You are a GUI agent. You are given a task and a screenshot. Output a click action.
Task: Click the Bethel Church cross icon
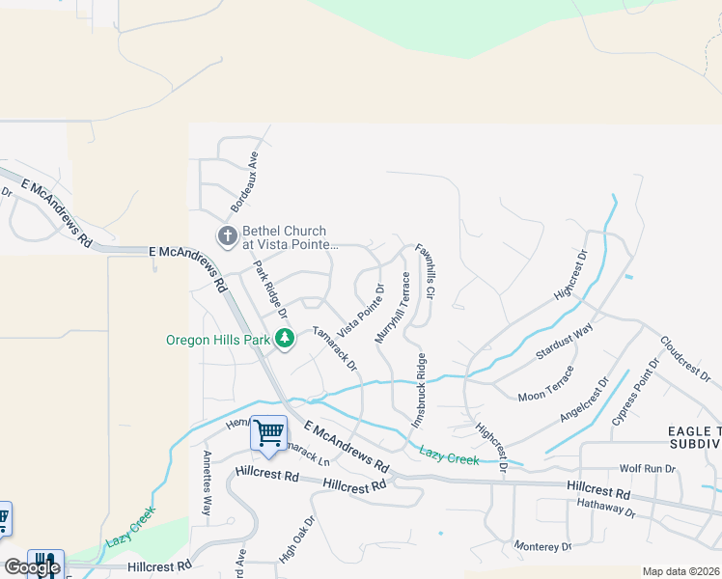226,236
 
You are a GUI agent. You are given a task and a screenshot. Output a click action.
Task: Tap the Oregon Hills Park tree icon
285,339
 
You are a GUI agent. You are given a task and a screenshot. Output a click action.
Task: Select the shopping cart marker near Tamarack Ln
268,432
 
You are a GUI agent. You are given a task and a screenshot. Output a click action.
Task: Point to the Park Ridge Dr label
270,289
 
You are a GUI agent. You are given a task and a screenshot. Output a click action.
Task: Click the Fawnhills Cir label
426,271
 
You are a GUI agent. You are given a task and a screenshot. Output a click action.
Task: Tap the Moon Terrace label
545,383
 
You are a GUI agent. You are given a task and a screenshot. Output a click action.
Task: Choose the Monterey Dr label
542,546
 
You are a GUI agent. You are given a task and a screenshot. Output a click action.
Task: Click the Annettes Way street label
206,482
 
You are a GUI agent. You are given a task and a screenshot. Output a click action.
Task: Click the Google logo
32,567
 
